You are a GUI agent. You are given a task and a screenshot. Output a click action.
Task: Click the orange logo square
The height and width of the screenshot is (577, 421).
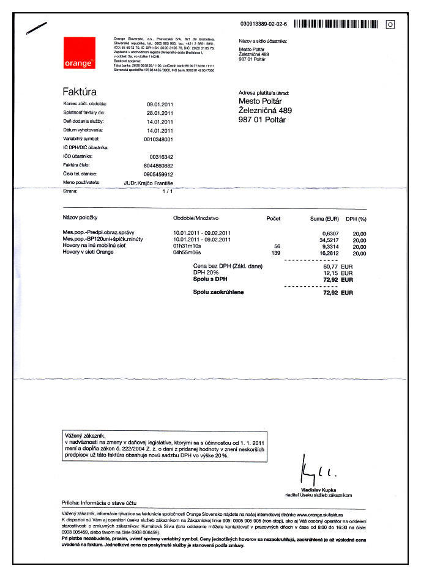coord(80,53)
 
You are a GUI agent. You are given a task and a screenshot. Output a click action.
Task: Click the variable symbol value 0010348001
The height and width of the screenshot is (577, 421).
coord(158,139)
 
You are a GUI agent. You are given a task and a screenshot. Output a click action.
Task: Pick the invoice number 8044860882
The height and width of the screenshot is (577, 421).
coord(158,166)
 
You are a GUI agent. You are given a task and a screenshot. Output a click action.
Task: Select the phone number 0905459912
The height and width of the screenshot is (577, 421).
coord(158,174)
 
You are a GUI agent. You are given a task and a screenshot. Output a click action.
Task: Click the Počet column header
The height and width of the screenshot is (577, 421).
coord(274,218)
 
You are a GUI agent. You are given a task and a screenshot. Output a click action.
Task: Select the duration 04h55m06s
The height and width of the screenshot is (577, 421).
coord(188,252)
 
